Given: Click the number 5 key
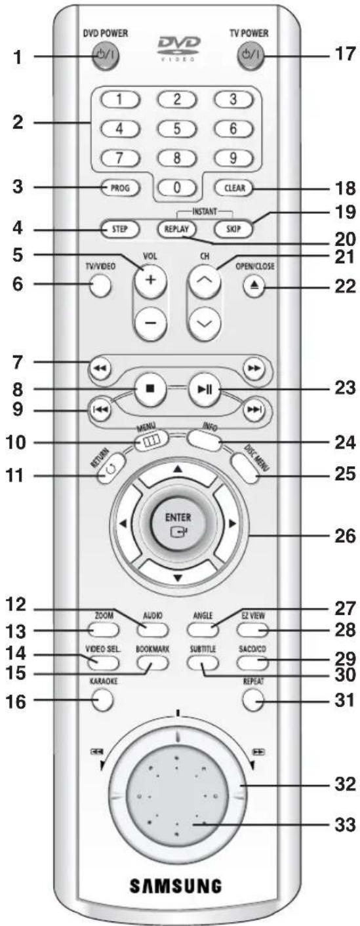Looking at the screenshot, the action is [177, 129].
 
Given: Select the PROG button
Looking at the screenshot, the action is [119, 188].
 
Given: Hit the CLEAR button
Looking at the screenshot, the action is [234, 188].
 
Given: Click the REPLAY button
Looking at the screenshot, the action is [176, 229].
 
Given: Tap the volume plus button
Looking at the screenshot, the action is [150, 280].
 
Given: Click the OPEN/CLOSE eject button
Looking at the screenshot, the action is [253, 286].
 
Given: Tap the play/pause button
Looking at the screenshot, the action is [204, 389].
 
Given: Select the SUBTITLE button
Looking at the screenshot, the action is [203, 662].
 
